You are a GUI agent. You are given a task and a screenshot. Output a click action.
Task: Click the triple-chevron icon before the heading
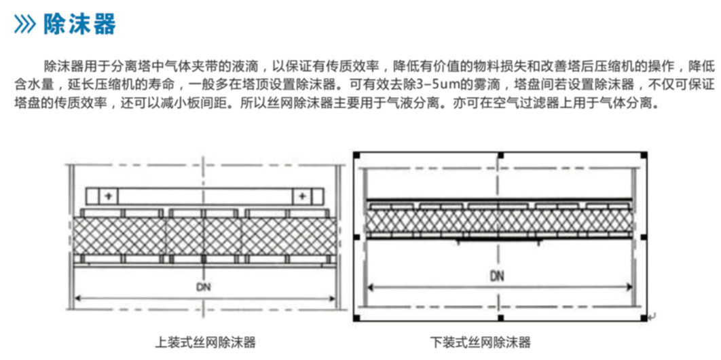coord(25,24)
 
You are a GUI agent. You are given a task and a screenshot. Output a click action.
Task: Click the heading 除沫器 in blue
coord(80,24)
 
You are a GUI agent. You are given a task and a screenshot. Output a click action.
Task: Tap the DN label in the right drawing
coord(497,276)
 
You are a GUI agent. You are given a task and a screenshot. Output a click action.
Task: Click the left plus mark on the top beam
coord(109,196)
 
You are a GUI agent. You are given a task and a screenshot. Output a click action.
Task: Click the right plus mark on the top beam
coord(302,196)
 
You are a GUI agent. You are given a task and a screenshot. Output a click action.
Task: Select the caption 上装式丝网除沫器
coord(205,343)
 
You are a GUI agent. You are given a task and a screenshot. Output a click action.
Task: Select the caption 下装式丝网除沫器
coord(481,343)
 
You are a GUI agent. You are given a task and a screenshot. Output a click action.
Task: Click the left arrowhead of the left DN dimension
coord(77,297)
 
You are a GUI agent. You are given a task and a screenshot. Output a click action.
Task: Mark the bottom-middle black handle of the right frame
coord(500,318)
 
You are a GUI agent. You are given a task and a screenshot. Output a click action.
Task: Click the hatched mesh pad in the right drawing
coord(498,220)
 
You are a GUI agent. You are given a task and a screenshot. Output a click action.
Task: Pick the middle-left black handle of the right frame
coord(356,237)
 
